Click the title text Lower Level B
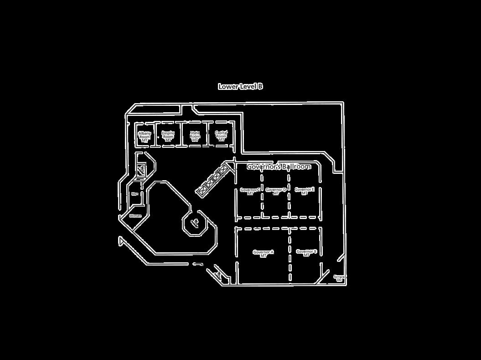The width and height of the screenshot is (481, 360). coord(240,86)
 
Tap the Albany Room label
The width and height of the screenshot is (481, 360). coord(145,136)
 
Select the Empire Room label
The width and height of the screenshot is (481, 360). coord(168,136)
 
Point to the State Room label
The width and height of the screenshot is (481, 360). coord(195,136)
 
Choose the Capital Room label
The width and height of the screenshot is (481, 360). coord(221,136)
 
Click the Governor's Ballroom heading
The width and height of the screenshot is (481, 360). coord(279,167)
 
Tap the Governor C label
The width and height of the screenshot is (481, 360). coord(250,191)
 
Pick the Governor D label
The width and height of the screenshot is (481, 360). coord(276,191)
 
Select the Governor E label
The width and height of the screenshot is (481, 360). coord(305,191)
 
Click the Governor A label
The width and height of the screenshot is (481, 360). coord(263,254)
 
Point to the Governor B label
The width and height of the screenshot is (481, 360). coord(306,253)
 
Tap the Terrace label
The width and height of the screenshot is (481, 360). coord(339,278)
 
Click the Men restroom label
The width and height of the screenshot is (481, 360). coord(135,194)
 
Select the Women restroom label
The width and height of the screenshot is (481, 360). coord(135,216)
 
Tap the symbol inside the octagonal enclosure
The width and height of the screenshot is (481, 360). coord(195,223)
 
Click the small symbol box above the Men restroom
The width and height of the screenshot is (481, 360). coord(141,169)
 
